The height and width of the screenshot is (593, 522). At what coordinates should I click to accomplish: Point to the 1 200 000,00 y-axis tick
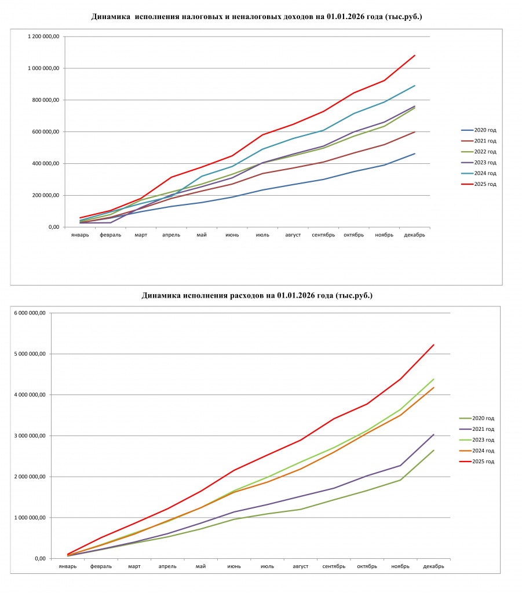(x=43, y=36)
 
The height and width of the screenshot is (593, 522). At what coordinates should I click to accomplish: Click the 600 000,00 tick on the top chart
(x=46, y=131)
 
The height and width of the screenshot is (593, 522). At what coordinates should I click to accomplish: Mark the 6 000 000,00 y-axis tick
(x=30, y=313)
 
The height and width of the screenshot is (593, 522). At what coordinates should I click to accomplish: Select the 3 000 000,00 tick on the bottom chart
(x=30, y=435)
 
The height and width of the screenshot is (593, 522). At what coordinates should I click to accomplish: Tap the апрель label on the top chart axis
(x=171, y=235)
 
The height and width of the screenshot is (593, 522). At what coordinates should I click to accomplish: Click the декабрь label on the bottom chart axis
(x=433, y=566)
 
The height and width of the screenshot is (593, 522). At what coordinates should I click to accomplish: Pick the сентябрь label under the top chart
(x=323, y=235)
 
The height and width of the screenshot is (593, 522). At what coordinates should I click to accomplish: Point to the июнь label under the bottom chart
(x=234, y=566)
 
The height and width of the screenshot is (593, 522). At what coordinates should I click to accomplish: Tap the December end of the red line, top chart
(x=415, y=55)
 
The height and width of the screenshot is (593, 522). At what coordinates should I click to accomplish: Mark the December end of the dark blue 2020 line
(x=415, y=153)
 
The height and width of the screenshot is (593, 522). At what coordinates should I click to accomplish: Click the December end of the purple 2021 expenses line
(x=433, y=434)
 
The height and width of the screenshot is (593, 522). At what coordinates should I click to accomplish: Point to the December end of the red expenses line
(x=433, y=345)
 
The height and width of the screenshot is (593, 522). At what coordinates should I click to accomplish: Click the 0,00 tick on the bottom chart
(x=41, y=559)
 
